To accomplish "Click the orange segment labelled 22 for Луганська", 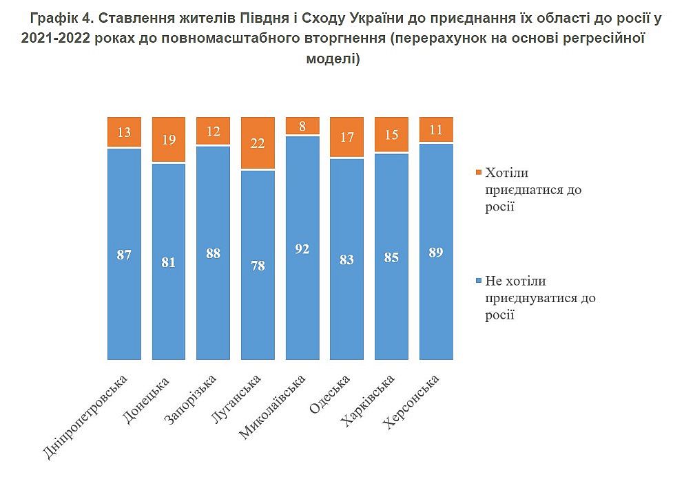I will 258,142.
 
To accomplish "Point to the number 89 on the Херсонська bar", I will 436,252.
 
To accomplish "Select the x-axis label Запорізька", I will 192,399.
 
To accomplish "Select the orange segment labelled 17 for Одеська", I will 347,137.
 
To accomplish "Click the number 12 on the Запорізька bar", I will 214,131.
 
